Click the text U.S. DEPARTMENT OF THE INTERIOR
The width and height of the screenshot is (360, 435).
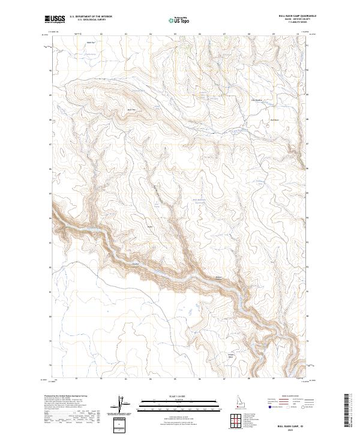click(x=91, y=17)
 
